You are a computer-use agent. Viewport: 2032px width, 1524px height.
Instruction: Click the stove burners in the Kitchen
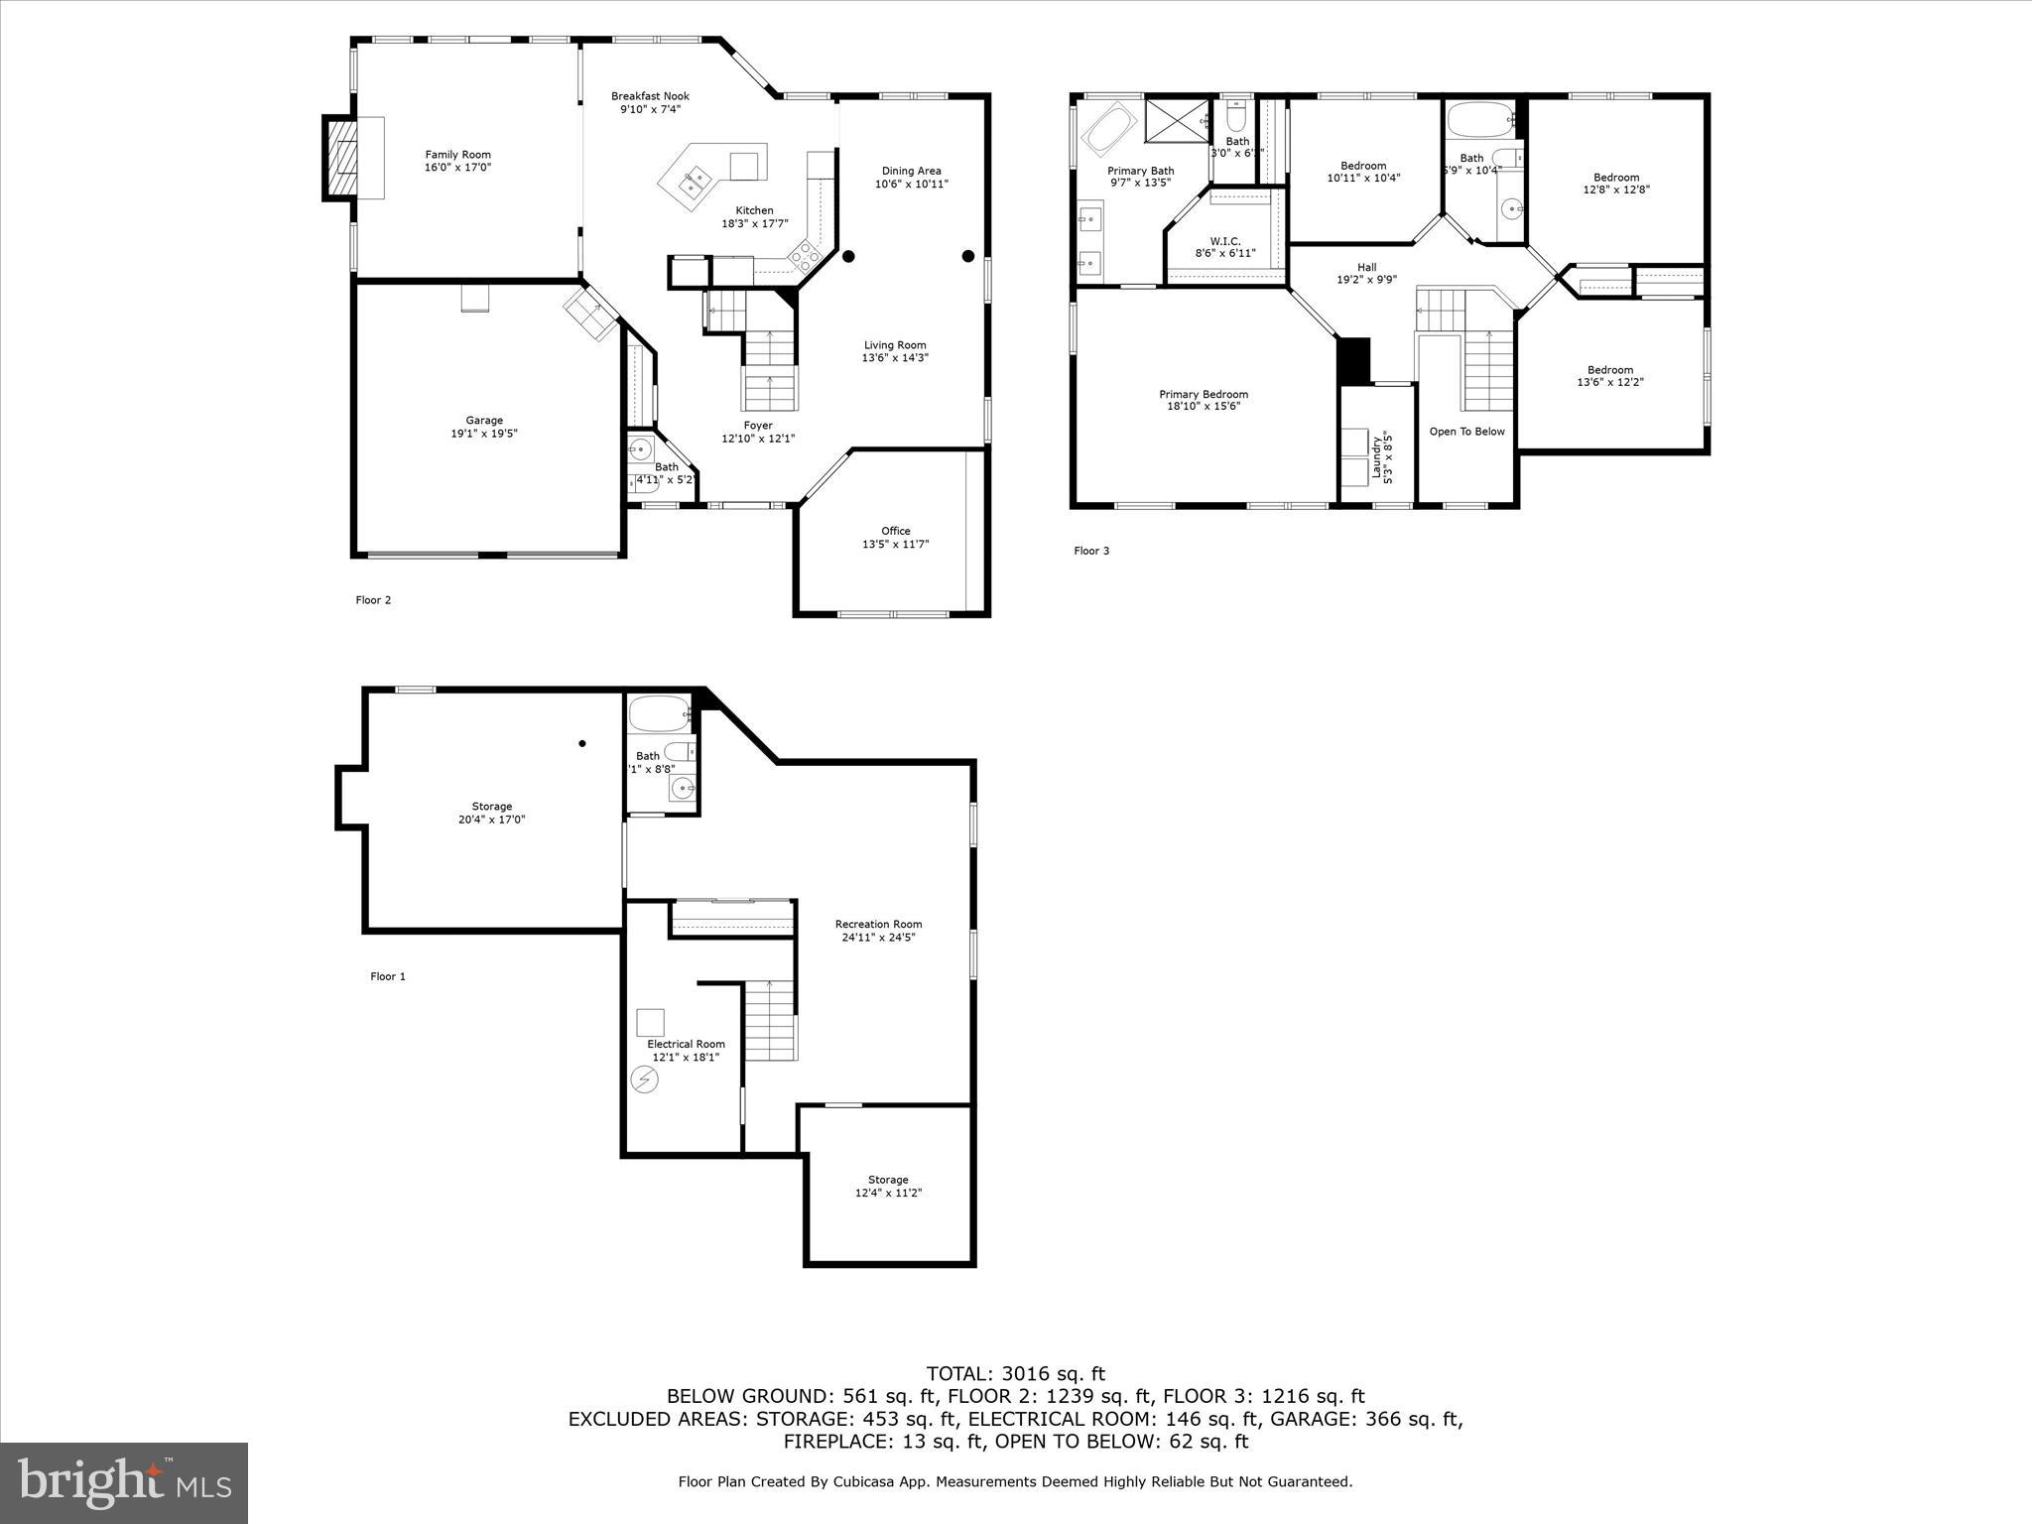click(x=805, y=257)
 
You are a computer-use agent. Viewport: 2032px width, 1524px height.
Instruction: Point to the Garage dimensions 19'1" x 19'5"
click(x=485, y=434)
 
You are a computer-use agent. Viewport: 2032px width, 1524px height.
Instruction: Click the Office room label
click(x=895, y=531)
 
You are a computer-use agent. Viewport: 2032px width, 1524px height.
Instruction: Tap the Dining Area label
click(x=911, y=171)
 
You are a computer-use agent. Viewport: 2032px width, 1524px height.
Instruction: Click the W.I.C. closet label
click(x=1225, y=241)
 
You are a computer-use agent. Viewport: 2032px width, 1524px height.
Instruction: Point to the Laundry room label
click(x=1377, y=456)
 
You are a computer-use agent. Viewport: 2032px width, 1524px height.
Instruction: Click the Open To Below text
click(x=1466, y=432)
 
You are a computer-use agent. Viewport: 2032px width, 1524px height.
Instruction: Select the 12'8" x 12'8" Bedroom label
click(x=1616, y=178)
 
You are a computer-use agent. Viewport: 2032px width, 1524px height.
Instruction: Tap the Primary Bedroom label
click(x=1204, y=394)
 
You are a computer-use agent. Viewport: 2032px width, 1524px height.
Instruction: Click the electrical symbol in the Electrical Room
click(x=645, y=1079)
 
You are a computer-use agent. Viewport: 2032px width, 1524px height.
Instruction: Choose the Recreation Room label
click(x=878, y=924)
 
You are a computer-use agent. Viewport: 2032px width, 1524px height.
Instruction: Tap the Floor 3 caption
click(x=1091, y=551)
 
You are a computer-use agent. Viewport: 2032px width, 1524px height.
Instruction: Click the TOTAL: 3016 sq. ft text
click(x=1015, y=1374)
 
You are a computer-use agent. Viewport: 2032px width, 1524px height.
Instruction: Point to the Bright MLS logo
click(x=124, y=1482)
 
